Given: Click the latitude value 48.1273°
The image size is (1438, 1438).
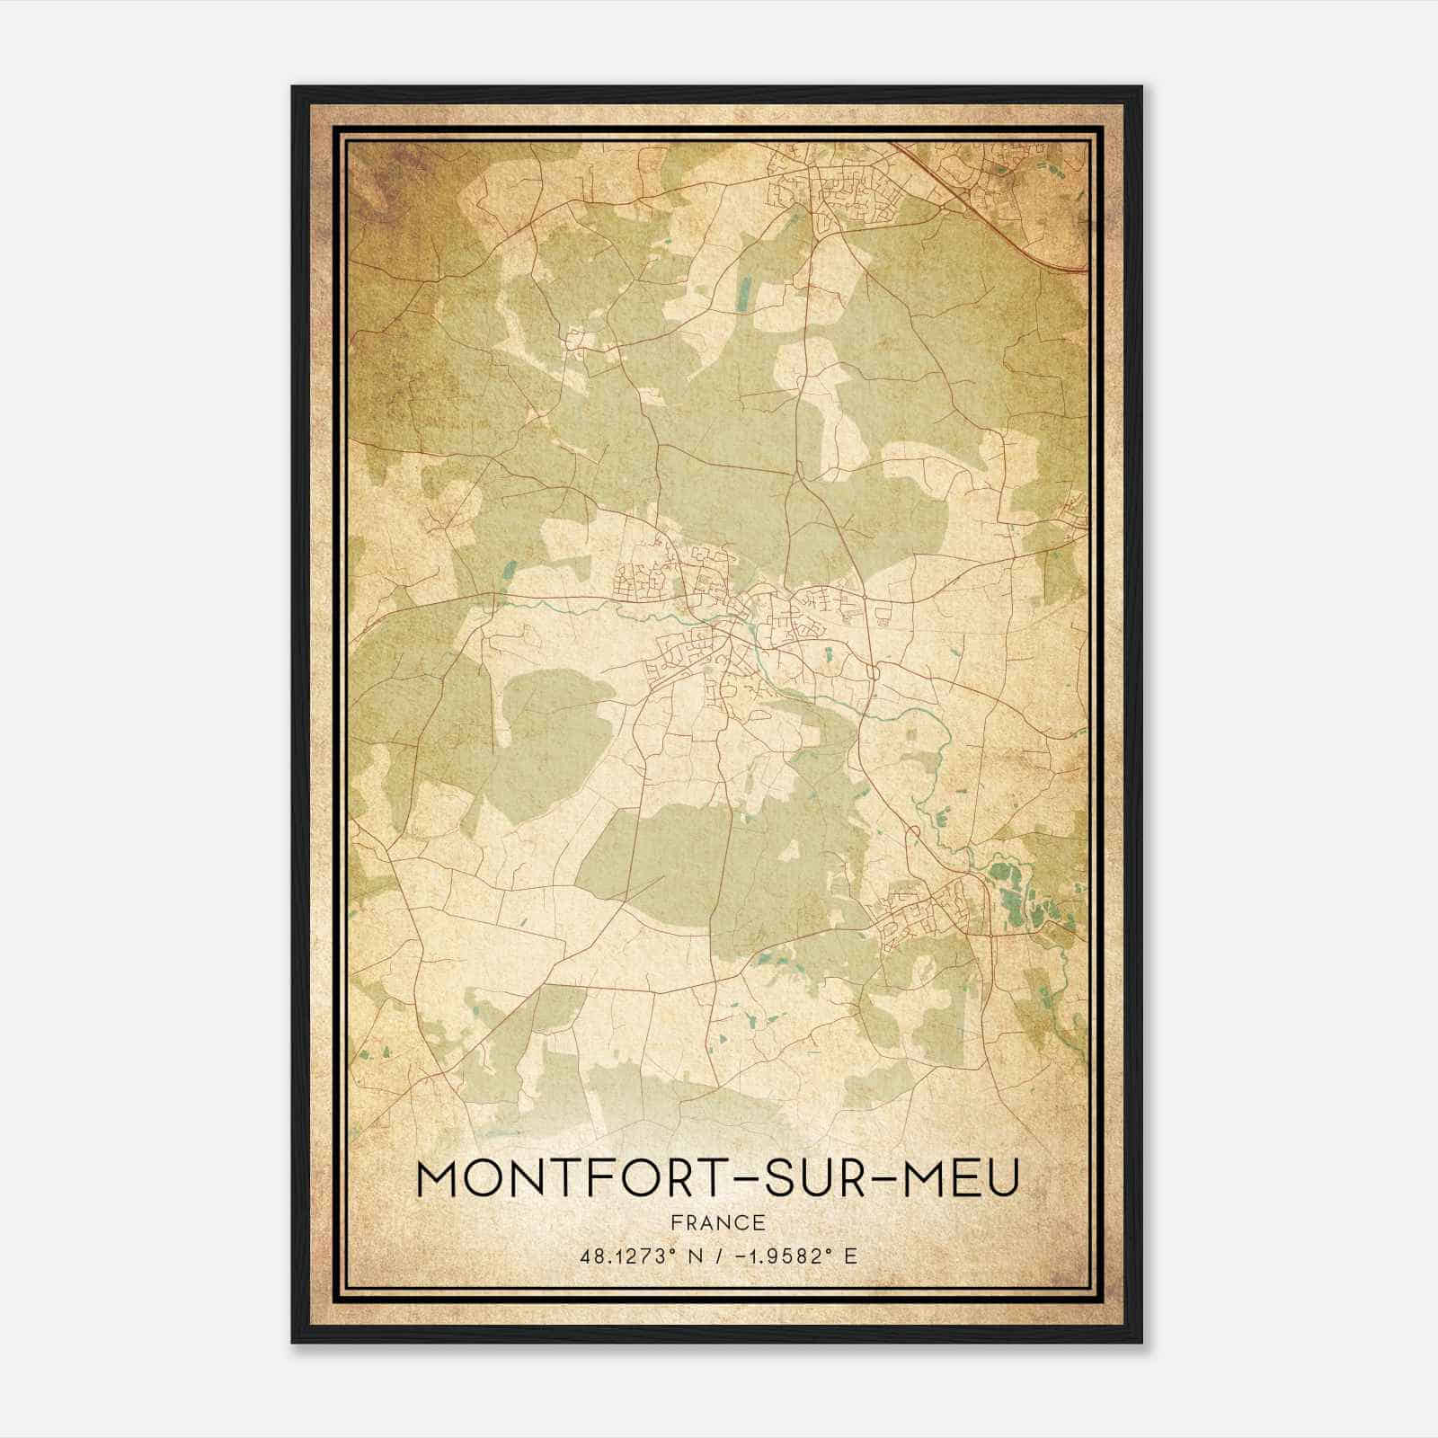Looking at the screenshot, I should click(x=626, y=1256).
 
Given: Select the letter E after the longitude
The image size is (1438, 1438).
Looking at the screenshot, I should click(x=850, y=1256).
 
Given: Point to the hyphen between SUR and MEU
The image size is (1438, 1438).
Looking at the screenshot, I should click(x=885, y=1180).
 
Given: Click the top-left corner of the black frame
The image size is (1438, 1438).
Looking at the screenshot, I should click(x=294, y=88).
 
